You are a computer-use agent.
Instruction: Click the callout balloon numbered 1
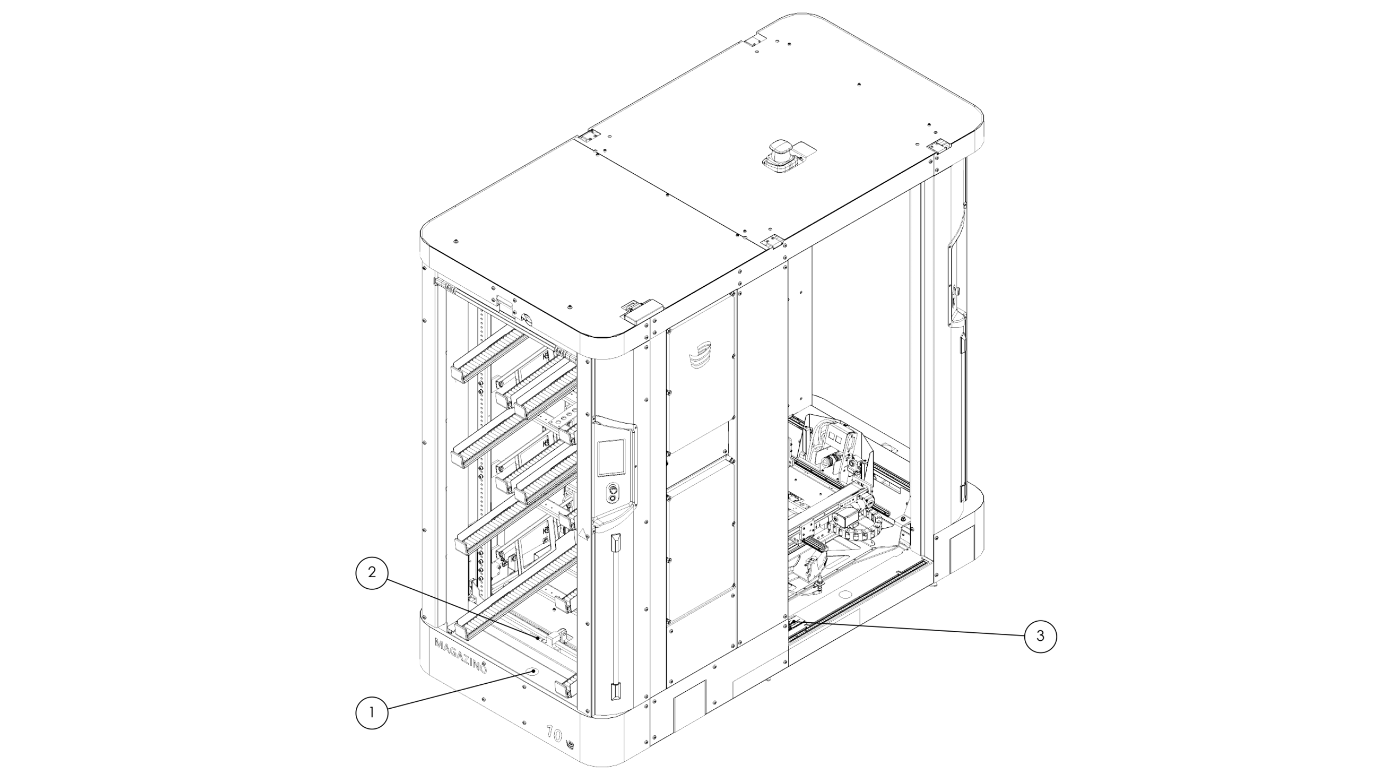[x=372, y=712]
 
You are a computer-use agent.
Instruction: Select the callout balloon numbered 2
[x=372, y=572]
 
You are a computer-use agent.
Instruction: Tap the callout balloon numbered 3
[x=1040, y=636]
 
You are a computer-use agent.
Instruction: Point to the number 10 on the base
[x=554, y=734]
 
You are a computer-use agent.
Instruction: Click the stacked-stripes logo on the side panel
[x=699, y=355]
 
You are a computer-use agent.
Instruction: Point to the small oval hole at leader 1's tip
[x=535, y=671]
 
